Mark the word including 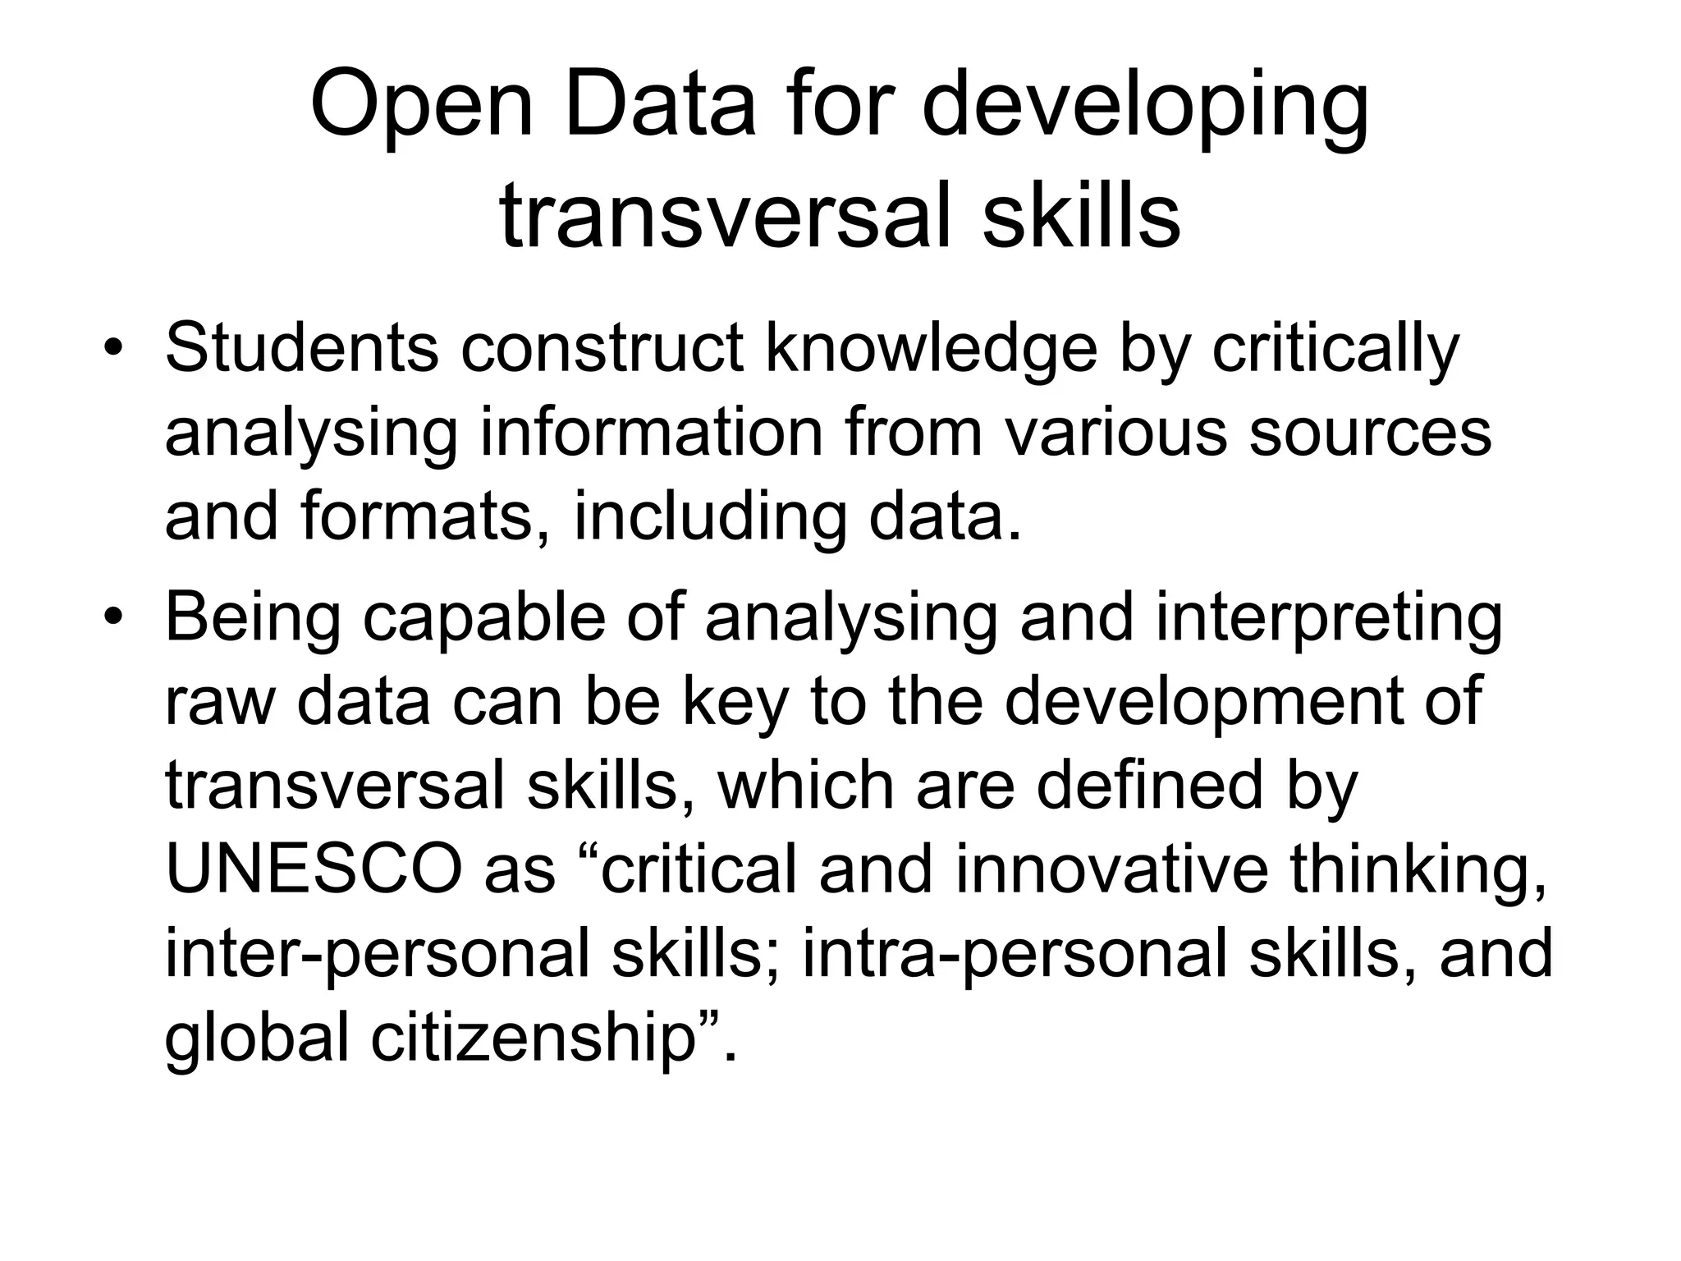(709, 517)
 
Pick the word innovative (1112, 870)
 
